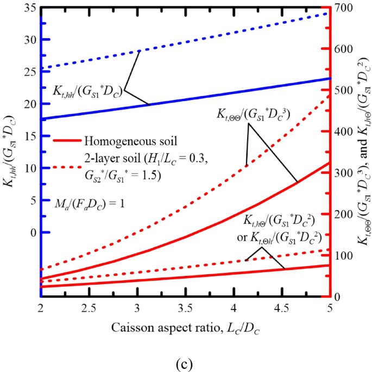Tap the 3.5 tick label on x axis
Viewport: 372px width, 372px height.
tap(185, 308)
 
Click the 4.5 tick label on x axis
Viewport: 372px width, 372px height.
tap(281, 308)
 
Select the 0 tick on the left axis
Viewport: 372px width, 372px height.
tap(30, 232)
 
